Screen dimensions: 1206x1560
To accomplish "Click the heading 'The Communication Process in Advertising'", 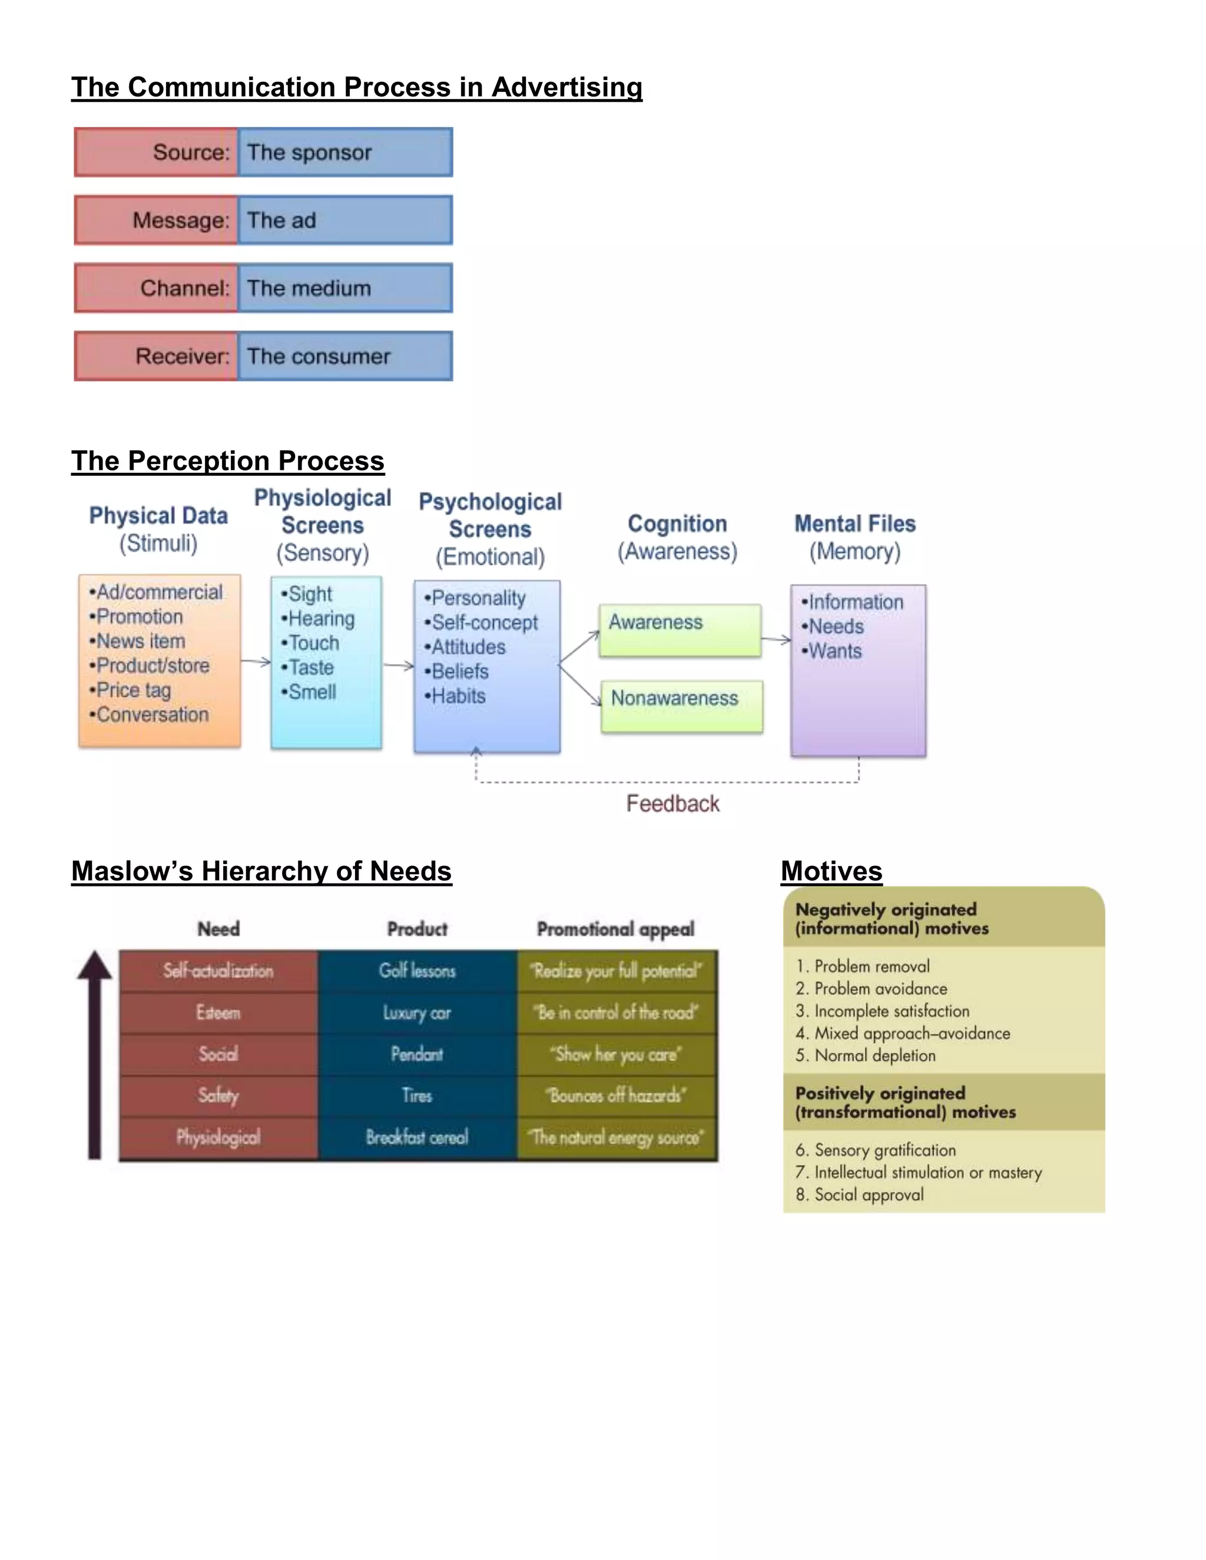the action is pyautogui.click(x=356, y=87).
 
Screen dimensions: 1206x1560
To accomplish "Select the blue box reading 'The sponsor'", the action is pyautogui.click(x=345, y=152).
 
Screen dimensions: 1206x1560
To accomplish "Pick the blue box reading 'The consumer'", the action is pyautogui.click(x=345, y=356).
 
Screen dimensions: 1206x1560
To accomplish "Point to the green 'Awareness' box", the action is pyautogui.click(x=680, y=630).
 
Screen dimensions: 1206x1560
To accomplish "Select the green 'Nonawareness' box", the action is pyautogui.click(x=681, y=706).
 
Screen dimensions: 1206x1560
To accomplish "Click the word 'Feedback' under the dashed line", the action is pyautogui.click(x=672, y=804).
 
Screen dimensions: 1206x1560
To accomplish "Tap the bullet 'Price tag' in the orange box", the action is pyautogui.click(x=134, y=690).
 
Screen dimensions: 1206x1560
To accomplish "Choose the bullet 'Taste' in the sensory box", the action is pyautogui.click(x=311, y=667).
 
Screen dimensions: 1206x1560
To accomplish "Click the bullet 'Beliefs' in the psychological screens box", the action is pyautogui.click(x=459, y=672).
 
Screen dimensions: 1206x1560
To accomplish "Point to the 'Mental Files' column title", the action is pyautogui.click(x=854, y=523).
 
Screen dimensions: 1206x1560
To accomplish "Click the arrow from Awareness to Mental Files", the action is pyautogui.click(x=776, y=639).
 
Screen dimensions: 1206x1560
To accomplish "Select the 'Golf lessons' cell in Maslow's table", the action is pyautogui.click(x=418, y=971).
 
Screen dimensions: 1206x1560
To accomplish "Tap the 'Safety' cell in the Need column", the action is pyautogui.click(x=218, y=1096).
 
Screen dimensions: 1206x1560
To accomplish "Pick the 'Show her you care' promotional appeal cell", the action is pyautogui.click(x=616, y=1054).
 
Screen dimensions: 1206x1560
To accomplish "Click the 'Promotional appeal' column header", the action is pyautogui.click(x=615, y=928).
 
